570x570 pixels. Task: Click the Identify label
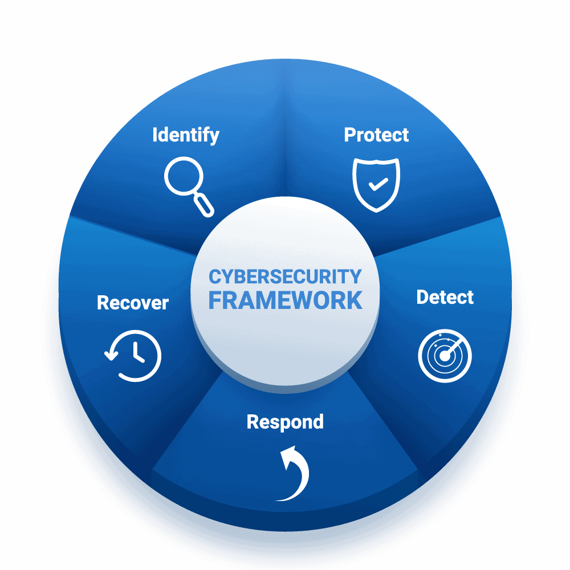pyautogui.click(x=186, y=136)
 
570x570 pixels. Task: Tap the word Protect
pyautogui.click(x=376, y=135)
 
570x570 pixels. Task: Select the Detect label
pyautogui.click(x=445, y=297)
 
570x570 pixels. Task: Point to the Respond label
pyautogui.click(x=285, y=422)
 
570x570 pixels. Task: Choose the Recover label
pyautogui.click(x=133, y=303)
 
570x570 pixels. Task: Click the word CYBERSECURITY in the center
pyautogui.click(x=285, y=276)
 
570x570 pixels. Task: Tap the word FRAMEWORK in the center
pyautogui.click(x=286, y=300)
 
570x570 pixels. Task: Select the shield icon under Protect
pyautogui.click(x=376, y=185)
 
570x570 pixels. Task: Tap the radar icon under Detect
pyautogui.click(x=445, y=356)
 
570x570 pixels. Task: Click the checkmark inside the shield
pyautogui.click(x=378, y=184)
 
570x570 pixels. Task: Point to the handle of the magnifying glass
pyautogui.click(x=203, y=205)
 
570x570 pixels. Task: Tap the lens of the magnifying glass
pyautogui.click(x=184, y=176)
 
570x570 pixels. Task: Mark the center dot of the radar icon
pyautogui.click(x=444, y=356)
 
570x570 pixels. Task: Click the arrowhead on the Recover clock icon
pyautogui.click(x=111, y=355)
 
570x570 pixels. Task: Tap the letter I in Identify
pyautogui.click(x=154, y=135)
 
